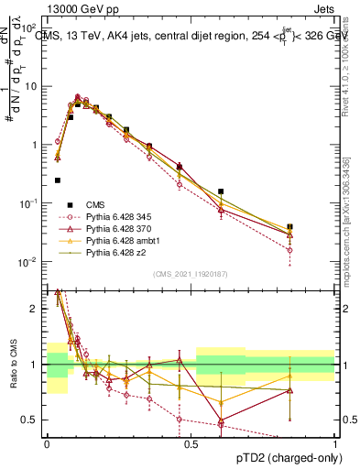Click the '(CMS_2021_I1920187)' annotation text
191,274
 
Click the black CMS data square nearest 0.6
221,191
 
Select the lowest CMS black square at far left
58,180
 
